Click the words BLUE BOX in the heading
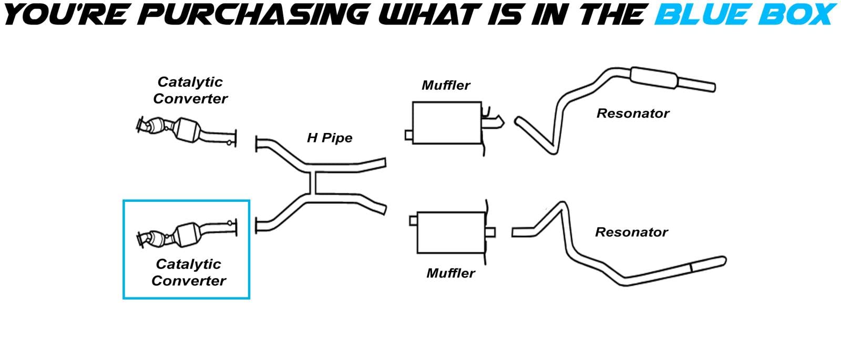point(743,14)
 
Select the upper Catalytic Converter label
point(190,90)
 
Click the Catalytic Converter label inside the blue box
point(189,272)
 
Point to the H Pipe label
point(330,138)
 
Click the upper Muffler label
point(446,85)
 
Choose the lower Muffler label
point(450,273)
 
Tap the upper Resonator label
point(633,114)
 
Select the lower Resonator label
point(631,232)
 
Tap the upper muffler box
point(447,122)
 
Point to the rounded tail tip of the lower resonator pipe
point(723,260)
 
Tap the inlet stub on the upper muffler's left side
point(408,135)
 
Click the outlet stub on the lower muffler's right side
point(490,232)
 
